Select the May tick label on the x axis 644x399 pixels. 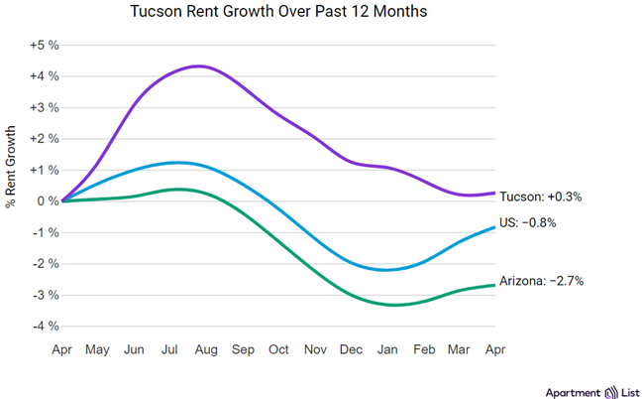click(97, 349)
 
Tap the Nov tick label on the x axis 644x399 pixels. click(314, 349)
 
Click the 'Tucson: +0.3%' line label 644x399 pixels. click(540, 197)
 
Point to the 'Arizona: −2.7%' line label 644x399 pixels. click(541, 281)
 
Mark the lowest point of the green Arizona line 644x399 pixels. click(393, 305)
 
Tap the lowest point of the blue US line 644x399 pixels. click(385, 270)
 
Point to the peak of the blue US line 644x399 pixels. click(178, 162)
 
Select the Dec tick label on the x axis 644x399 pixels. click(352, 349)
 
